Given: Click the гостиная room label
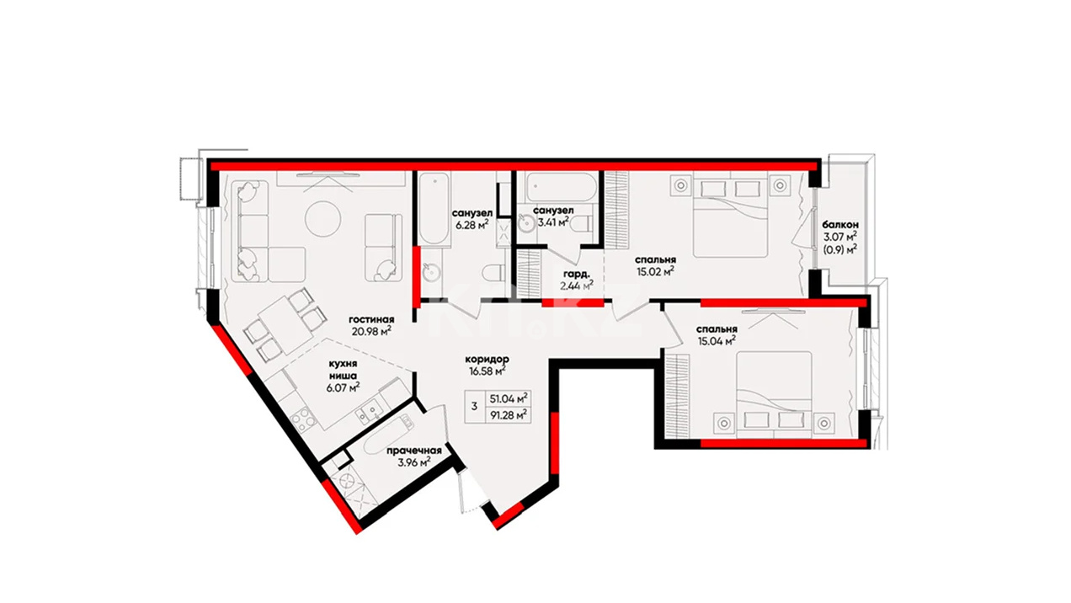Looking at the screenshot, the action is click(371, 319).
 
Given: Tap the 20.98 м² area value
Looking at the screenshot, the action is click(371, 331).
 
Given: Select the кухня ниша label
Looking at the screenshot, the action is click(343, 370).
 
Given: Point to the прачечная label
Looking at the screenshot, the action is click(414, 451).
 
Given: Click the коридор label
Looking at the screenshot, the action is click(488, 359).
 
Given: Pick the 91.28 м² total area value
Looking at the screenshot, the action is click(509, 414).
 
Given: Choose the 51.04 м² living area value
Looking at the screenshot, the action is click(509, 398).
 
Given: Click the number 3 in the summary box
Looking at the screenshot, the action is click(474, 407).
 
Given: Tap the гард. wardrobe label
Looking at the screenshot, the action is click(577, 275).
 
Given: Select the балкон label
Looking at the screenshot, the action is click(840, 224).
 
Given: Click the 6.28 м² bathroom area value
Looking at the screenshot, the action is click(472, 224).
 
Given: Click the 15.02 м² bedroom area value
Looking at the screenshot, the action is click(656, 272).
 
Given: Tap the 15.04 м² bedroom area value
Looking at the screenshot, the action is click(717, 340).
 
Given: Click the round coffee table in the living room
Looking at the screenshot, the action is click(322, 218).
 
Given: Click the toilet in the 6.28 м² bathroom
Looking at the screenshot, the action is click(493, 273).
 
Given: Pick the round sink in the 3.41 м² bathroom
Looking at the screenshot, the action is click(526, 223).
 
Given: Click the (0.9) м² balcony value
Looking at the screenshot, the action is click(840, 248).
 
